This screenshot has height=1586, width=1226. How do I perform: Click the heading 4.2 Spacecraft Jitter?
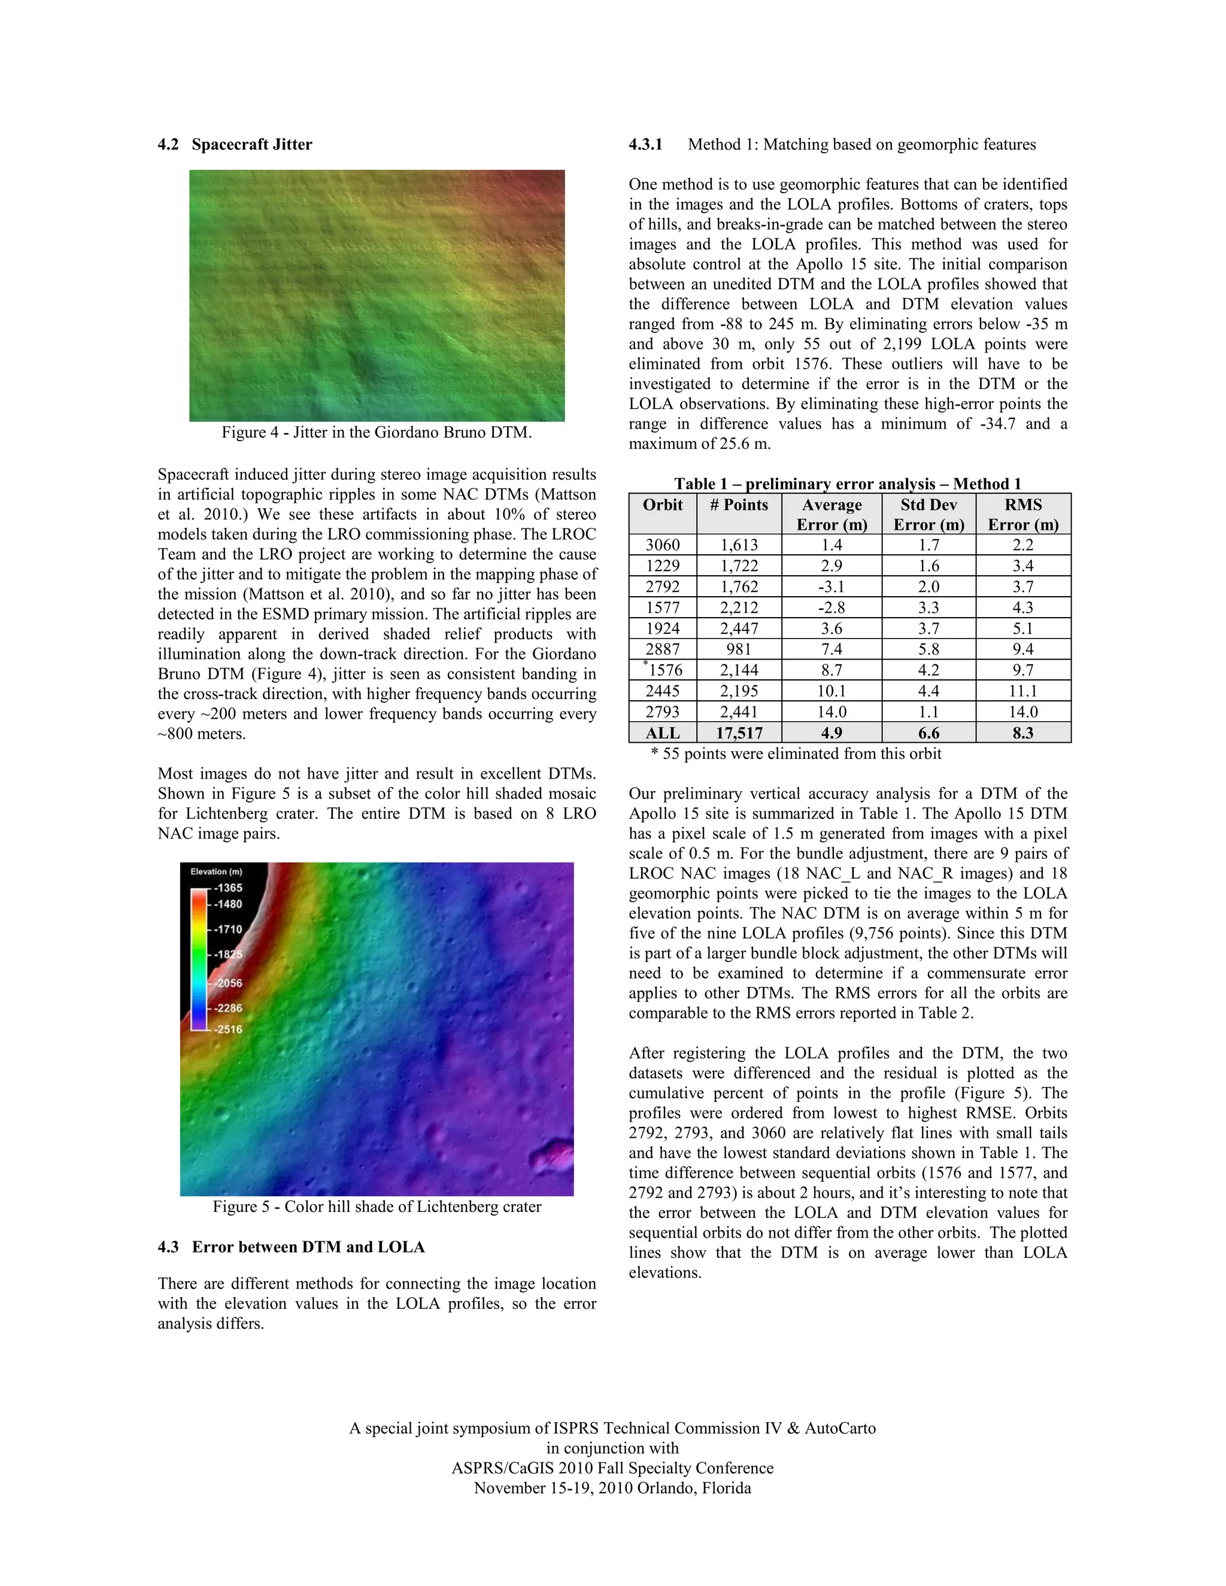pyautogui.click(x=235, y=144)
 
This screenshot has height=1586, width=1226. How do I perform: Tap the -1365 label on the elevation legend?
pyautogui.click(x=229, y=888)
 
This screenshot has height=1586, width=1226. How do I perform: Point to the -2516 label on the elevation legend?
pyautogui.click(x=229, y=1029)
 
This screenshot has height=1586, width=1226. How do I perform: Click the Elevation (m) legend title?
pyautogui.click(x=217, y=871)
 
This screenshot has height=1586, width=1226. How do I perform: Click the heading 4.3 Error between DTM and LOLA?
pyautogui.click(x=292, y=1247)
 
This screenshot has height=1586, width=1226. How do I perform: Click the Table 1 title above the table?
pyautogui.click(x=848, y=484)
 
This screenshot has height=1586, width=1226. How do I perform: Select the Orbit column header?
pyautogui.click(x=663, y=506)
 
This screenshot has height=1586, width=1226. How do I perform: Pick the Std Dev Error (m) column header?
pyautogui.click(x=928, y=514)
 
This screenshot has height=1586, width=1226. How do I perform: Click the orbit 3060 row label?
pyautogui.click(x=663, y=545)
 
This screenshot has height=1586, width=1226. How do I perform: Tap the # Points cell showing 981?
pyautogui.click(x=739, y=649)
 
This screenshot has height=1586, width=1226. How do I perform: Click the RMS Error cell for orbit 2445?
pyautogui.click(x=1022, y=691)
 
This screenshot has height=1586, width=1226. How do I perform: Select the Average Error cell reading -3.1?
pyautogui.click(x=831, y=587)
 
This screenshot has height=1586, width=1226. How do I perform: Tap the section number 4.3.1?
pyautogui.click(x=646, y=144)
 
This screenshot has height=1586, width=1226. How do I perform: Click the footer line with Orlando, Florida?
pyautogui.click(x=612, y=1488)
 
